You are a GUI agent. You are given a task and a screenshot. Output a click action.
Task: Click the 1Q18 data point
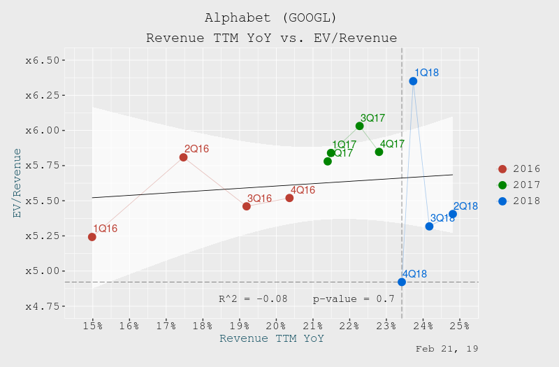click(x=413, y=81)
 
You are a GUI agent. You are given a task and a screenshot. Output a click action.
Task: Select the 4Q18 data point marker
click(x=402, y=282)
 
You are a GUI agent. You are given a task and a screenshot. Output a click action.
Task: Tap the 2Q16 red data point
click(x=183, y=157)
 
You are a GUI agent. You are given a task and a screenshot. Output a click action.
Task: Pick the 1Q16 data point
click(x=92, y=237)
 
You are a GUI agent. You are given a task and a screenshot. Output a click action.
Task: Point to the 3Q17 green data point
click(x=359, y=126)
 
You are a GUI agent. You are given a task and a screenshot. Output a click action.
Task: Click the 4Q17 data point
click(x=379, y=152)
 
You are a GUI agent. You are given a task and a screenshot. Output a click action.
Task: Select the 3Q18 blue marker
click(x=429, y=226)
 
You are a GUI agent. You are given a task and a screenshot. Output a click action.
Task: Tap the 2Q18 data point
click(x=453, y=214)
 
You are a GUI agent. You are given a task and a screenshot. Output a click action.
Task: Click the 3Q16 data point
click(x=247, y=206)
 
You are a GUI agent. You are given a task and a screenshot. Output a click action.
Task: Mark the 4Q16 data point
click(x=289, y=198)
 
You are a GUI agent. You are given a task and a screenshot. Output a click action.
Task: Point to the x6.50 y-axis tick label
click(x=41, y=60)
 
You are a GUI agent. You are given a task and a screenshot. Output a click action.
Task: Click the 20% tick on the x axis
click(x=276, y=326)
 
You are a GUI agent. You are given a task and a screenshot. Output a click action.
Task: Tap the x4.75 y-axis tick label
click(x=41, y=306)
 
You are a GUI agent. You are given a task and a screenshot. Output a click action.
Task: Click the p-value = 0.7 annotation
click(x=354, y=299)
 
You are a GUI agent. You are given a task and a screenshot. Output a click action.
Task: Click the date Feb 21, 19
click(x=447, y=348)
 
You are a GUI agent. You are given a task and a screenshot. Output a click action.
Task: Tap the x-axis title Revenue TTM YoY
click(x=272, y=338)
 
